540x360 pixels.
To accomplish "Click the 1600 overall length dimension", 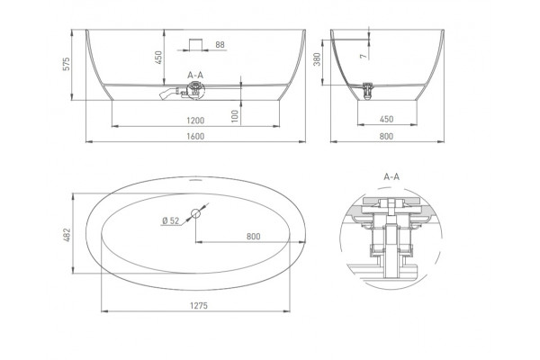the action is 195,137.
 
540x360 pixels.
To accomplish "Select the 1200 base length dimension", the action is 195,121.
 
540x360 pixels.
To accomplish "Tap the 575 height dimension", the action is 66,64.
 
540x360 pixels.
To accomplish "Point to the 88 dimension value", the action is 220,45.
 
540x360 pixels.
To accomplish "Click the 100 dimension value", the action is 235,116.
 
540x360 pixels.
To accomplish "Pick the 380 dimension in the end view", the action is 317,58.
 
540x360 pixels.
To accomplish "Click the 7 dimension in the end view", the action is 364,56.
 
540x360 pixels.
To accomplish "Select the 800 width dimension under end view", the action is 386,137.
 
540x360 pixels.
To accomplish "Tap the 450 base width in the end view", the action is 386,119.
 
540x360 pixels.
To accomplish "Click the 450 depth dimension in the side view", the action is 158,58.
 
